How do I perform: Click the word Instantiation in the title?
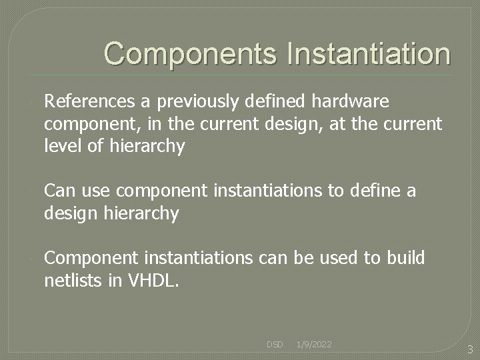[369, 54]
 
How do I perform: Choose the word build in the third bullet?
[406, 258]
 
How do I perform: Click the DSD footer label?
[275, 345]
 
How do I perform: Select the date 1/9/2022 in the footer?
[314, 345]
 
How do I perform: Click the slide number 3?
[469, 349]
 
